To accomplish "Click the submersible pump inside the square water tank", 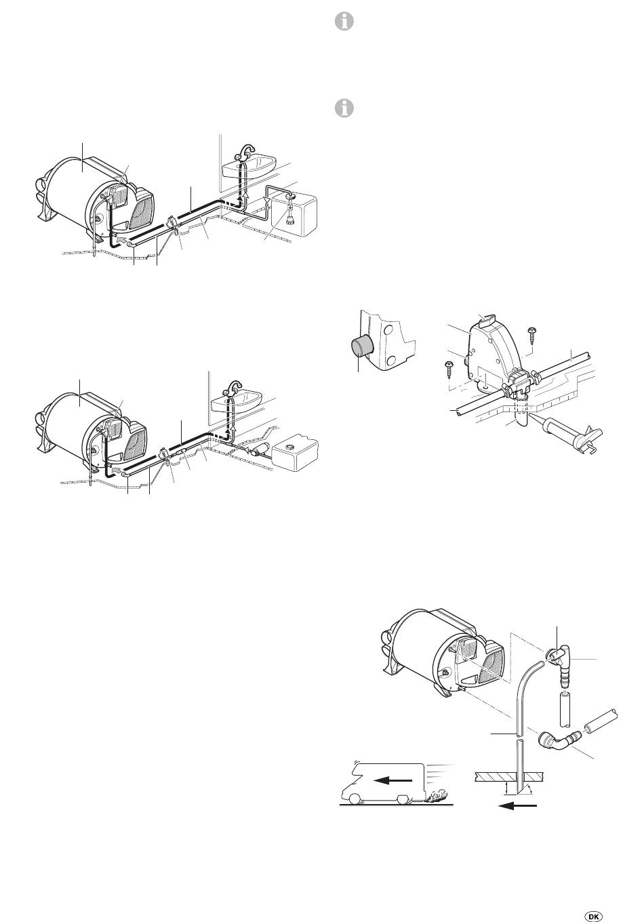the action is [x=289, y=210].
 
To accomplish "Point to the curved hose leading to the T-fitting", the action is [x=527, y=687].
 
